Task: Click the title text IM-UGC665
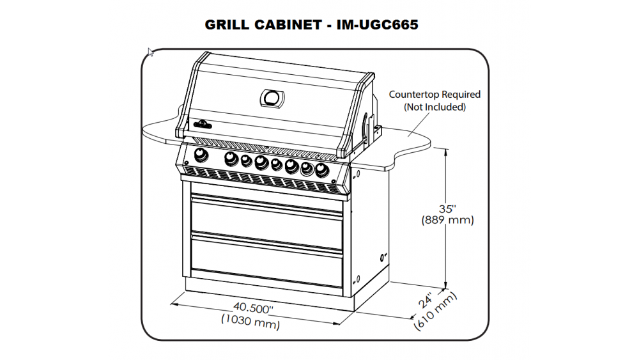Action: (x=378, y=24)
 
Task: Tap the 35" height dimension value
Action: (x=447, y=208)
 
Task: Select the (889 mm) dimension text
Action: (x=447, y=220)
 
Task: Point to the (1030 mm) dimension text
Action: (x=250, y=321)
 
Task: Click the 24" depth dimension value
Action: (x=426, y=301)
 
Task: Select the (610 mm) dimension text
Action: (x=435, y=312)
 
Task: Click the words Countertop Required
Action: (x=435, y=95)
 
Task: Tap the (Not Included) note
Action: (x=435, y=107)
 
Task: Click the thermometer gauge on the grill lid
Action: (x=272, y=98)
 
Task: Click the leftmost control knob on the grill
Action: (x=201, y=155)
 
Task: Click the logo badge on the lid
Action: (x=203, y=124)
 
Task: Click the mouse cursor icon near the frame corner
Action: (x=150, y=52)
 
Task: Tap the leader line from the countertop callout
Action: (x=419, y=124)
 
